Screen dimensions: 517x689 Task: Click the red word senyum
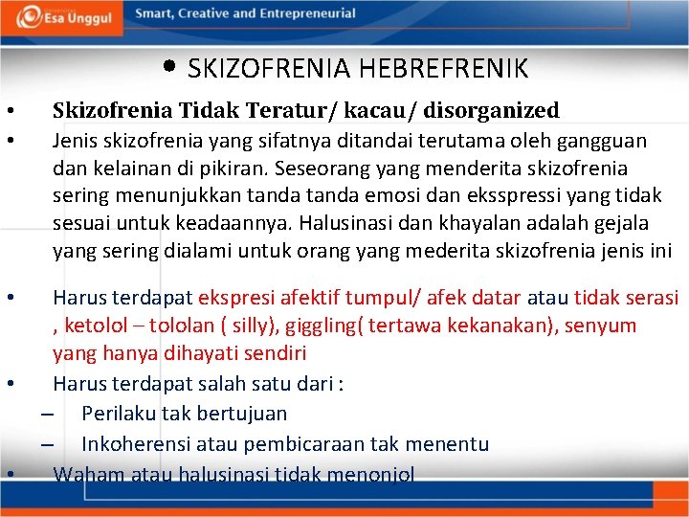click(600, 326)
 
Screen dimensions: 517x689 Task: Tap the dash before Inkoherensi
click(45, 444)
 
